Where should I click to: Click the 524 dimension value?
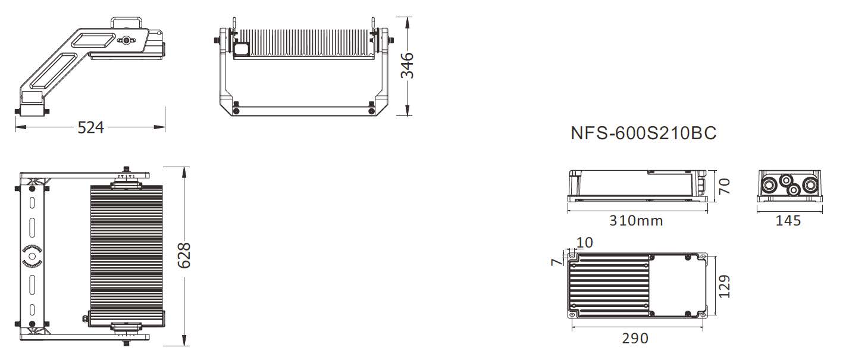[x=90, y=127]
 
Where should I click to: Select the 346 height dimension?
[x=408, y=66]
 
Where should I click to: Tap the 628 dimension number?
[x=184, y=255]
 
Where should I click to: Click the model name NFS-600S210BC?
[x=643, y=133]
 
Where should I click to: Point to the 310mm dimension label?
[x=636, y=221]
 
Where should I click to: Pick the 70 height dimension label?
[x=724, y=186]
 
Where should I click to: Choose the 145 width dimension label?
[x=788, y=221]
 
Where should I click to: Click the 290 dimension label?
[x=635, y=339]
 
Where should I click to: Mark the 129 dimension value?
[x=724, y=286]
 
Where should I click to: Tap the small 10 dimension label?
[x=585, y=243]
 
